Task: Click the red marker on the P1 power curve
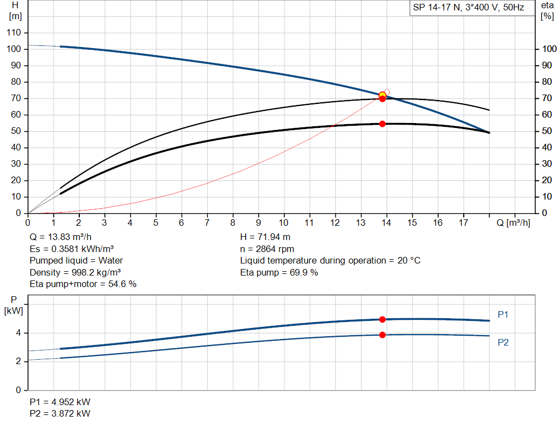tap(382, 319)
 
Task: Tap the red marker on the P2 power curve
tap(382, 335)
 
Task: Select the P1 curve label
tap(503, 314)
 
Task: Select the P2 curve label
tap(503, 342)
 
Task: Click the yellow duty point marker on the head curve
tap(382, 96)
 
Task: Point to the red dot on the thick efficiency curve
tap(382, 124)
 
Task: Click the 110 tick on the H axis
tap(14, 33)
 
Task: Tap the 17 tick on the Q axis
tap(464, 223)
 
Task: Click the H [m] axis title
tap(15, 11)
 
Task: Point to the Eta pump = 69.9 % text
tap(279, 272)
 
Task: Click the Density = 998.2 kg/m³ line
tap(75, 272)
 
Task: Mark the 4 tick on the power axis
tap(18, 333)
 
